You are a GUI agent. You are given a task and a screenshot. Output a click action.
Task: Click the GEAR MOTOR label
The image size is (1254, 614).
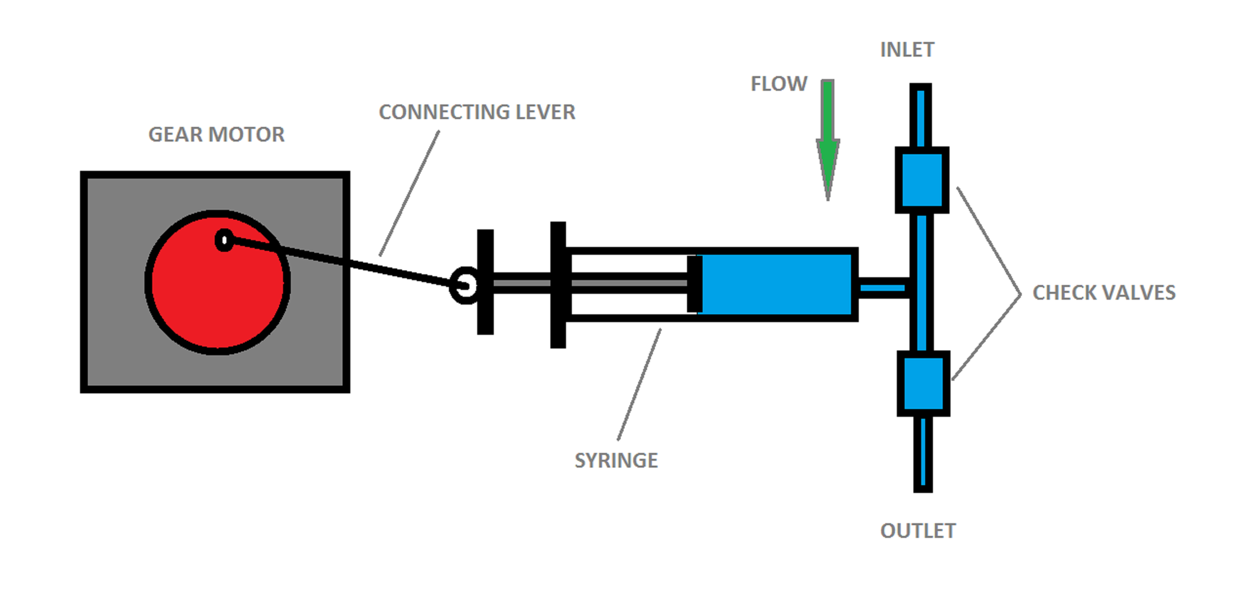(216, 134)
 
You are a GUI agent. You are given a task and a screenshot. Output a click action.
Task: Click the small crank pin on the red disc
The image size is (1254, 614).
(224, 240)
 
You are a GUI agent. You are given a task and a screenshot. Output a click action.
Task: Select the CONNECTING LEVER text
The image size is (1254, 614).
(477, 112)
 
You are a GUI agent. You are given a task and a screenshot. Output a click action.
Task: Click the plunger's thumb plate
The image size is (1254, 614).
(485, 281)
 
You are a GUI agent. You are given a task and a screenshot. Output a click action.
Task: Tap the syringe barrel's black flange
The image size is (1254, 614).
(558, 284)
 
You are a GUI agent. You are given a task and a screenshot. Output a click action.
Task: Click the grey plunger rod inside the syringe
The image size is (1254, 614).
(627, 283)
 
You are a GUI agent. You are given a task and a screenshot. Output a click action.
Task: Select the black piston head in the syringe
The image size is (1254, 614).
(694, 284)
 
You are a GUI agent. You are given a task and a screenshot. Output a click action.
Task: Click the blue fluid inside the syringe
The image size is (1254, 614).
(776, 284)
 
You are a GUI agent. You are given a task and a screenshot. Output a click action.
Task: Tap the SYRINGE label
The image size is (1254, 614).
(616, 460)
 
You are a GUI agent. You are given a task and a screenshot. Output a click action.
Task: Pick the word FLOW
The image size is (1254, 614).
(779, 84)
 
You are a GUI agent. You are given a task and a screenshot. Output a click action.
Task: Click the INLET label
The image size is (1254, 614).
(906, 50)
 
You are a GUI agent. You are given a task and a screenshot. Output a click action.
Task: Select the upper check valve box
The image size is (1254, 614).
(921, 180)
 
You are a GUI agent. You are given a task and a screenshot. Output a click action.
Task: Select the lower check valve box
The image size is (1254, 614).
(923, 383)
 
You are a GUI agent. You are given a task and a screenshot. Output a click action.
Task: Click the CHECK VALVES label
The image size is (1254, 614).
(1104, 293)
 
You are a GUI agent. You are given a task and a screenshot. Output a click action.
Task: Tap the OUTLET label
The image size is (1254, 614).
(917, 531)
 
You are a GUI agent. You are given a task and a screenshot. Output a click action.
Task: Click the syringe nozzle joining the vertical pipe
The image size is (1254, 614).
(883, 289)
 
